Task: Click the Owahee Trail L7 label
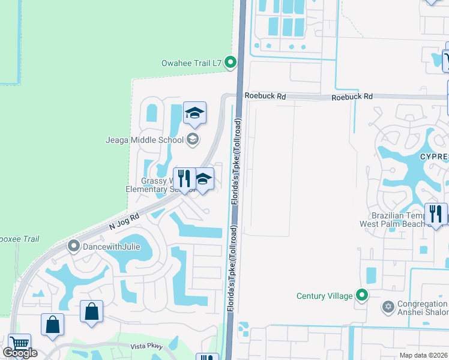coord(191,62)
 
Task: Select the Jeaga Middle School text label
coord(153,140)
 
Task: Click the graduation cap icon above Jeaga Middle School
coord(194,112)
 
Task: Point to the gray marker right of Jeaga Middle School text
coord(193,140)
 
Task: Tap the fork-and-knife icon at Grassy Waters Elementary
coord(184,178)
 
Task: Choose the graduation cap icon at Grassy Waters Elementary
coord(203,179)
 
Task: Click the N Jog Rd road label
coord(124,221)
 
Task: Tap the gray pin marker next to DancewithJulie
coord(74,245)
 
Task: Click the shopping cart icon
coord(20,344)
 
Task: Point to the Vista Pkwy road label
coord(147,346)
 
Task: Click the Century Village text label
coord(325,296)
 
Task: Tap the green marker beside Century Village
coord(362,295)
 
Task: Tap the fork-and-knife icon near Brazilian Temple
coord(435,213)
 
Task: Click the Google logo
coord(20,353)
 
